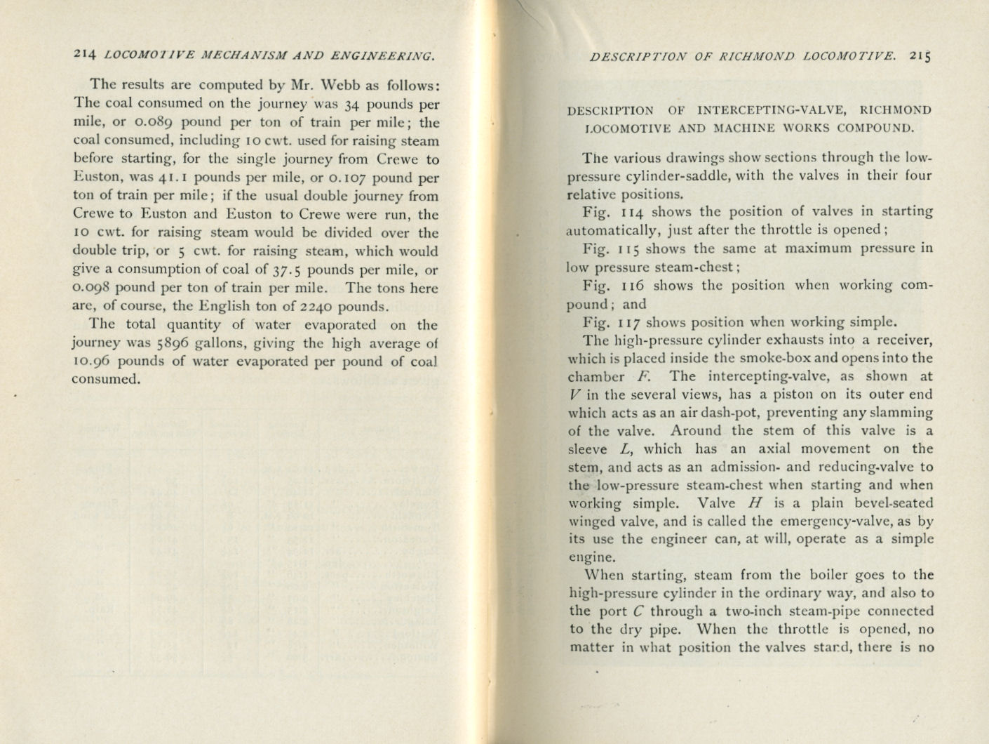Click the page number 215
[x=920, y=55]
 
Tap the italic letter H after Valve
[x=755, y=503]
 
